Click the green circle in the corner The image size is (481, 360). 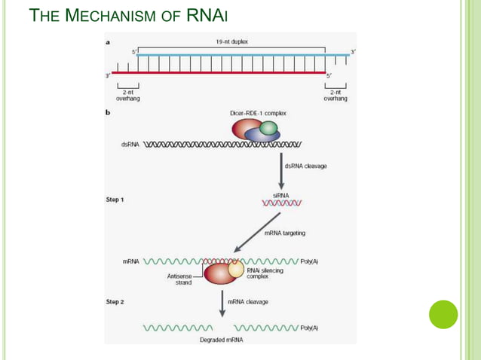coord(443,314)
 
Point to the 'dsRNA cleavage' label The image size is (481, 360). coord(305,166)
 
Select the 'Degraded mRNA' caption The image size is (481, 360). coord(222,340)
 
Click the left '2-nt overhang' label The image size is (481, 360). coord(127,95)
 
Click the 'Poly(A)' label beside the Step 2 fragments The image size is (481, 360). coord(309,328)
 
